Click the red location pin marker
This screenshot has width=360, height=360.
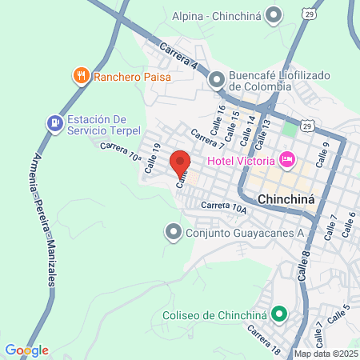[181, 163]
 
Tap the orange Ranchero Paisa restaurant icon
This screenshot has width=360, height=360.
[81, 77]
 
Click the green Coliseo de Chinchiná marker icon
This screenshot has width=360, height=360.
[279, 314]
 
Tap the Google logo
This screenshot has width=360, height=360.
[26, 350]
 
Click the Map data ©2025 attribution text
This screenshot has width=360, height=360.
[326, 354]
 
